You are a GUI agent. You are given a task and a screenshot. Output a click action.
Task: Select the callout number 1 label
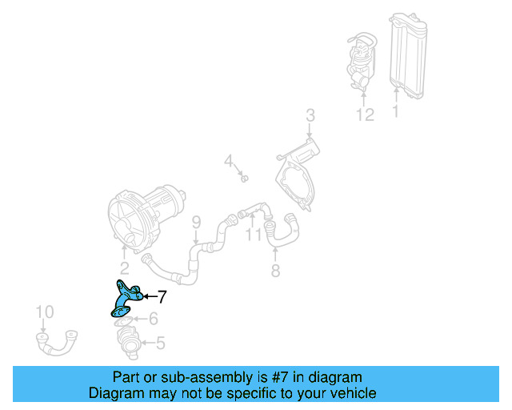click(395, 114)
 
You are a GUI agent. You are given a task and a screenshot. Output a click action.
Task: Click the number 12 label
click(365, 115)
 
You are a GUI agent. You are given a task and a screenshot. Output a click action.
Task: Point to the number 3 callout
click(310, 116)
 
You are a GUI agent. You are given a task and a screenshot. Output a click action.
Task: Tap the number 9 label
click(195, 222)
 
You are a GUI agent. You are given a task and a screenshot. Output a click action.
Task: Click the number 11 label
click(253, 235)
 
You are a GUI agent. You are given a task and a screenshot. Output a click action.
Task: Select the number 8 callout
click(275, 271)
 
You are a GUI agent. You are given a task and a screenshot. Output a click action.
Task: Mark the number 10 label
click(45, 312)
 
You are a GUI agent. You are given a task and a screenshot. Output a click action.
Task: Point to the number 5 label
click(160, 344)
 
